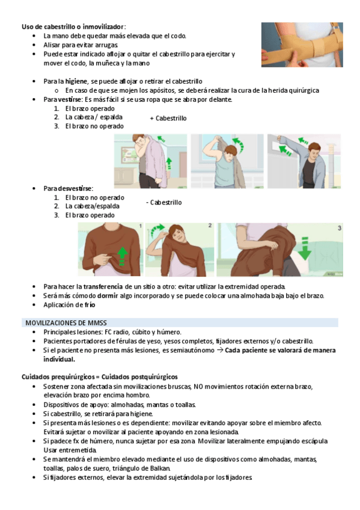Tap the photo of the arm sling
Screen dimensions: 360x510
302,45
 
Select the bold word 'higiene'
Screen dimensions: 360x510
76,81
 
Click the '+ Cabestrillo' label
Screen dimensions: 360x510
168,118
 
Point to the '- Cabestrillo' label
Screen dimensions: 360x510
163,202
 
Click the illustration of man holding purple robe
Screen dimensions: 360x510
150,161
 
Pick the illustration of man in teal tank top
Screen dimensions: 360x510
227,161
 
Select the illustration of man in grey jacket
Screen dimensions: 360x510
304,161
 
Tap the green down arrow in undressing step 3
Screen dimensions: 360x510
305,248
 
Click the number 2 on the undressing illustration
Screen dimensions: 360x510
210,226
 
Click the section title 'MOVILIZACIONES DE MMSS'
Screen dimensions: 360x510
66,323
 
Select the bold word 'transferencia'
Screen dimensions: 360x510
103,286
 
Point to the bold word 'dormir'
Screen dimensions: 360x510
108,296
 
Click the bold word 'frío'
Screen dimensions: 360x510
90,305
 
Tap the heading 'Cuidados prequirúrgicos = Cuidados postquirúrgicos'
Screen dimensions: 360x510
99,377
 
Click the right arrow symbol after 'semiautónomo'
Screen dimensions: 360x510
219,350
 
